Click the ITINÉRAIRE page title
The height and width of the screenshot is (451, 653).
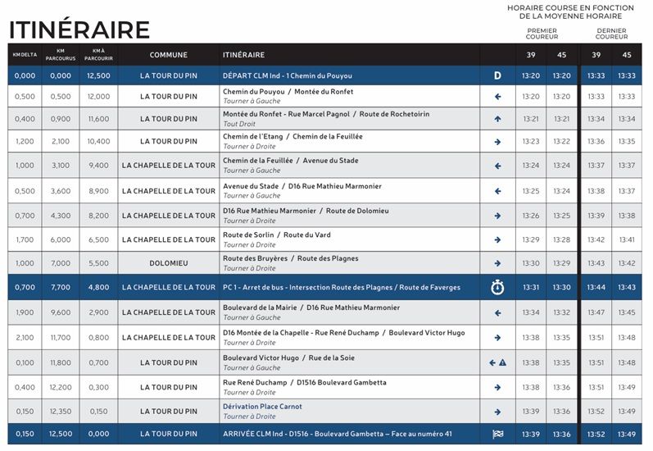click(79, 30)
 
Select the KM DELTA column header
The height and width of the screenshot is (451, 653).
click(25, 55)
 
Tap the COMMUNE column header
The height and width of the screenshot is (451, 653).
click(169, 55)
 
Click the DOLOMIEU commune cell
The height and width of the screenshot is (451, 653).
click(169, 263)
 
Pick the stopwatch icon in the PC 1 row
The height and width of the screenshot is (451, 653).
click(497, 287)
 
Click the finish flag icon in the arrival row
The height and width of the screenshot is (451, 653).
click(497, 434)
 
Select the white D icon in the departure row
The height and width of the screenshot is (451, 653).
click(497, 76)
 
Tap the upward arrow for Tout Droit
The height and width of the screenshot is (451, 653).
click(497, 119)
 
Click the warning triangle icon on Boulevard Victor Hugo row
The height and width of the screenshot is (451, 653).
click(502, 362)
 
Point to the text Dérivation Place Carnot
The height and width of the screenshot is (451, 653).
click(262, 407)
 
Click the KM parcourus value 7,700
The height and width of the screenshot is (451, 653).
click(61, 288)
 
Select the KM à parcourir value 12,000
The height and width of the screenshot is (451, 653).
click(97, 97)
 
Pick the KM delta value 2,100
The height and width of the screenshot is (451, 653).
click(25, 338)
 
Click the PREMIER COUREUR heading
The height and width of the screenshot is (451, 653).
click(542, 34)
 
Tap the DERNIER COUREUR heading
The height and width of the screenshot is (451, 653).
click(611, 34)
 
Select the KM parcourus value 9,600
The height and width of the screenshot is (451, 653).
click(61, 312)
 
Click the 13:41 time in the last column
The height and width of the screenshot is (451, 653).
click(627, 239)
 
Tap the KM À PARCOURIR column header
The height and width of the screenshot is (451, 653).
click(97, 55)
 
